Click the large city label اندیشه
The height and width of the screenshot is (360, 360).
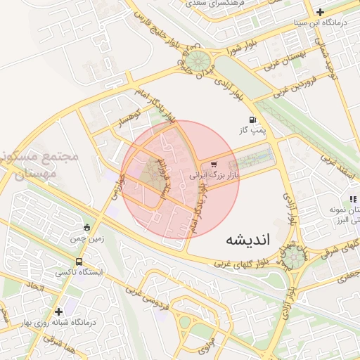click(x=247, y=240)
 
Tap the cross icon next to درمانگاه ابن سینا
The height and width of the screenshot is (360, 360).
click(x=321, y=11)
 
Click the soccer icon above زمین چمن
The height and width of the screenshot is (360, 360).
click(x=86, y=227)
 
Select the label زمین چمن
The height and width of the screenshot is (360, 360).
click(x=86, y=238)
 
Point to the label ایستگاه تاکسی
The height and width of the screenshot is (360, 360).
click(x=79, y=271)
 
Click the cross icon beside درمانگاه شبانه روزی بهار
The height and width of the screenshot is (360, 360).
click(x=58, y=311)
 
